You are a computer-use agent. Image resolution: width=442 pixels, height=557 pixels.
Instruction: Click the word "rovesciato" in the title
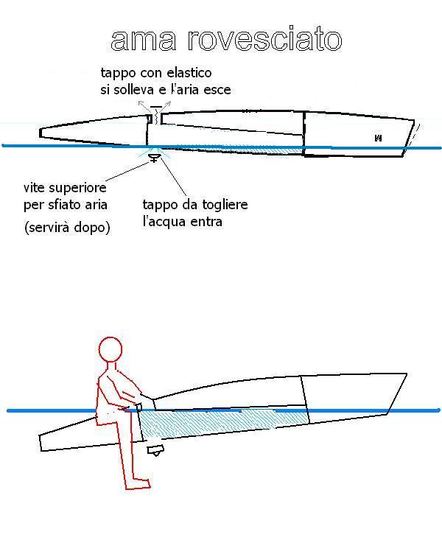point(264,38)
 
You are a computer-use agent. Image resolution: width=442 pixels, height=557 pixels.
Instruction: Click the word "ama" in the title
point(144,41)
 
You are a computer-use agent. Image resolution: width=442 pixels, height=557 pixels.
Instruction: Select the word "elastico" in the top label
point(189,72)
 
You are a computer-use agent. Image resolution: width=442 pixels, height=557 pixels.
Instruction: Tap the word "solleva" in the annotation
point(133,90)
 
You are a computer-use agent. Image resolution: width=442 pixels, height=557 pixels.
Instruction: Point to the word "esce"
point(217,90)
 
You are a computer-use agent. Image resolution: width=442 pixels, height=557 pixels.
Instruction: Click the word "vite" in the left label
point(34,187)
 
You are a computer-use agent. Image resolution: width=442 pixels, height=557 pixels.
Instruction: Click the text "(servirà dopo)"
point(67,228)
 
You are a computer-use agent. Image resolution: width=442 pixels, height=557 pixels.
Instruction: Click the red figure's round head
point(110,349)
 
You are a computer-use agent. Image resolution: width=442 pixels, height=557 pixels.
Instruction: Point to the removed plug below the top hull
point(154,158)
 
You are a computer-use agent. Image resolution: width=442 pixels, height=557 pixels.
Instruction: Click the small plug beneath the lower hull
point(155,450)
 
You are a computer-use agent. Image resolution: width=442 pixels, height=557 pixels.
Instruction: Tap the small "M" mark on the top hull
point(378,138)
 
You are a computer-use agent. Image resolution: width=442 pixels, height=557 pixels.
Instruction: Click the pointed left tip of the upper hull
point(41,133)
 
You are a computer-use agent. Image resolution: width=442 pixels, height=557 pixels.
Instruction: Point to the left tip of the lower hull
point(41,443)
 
